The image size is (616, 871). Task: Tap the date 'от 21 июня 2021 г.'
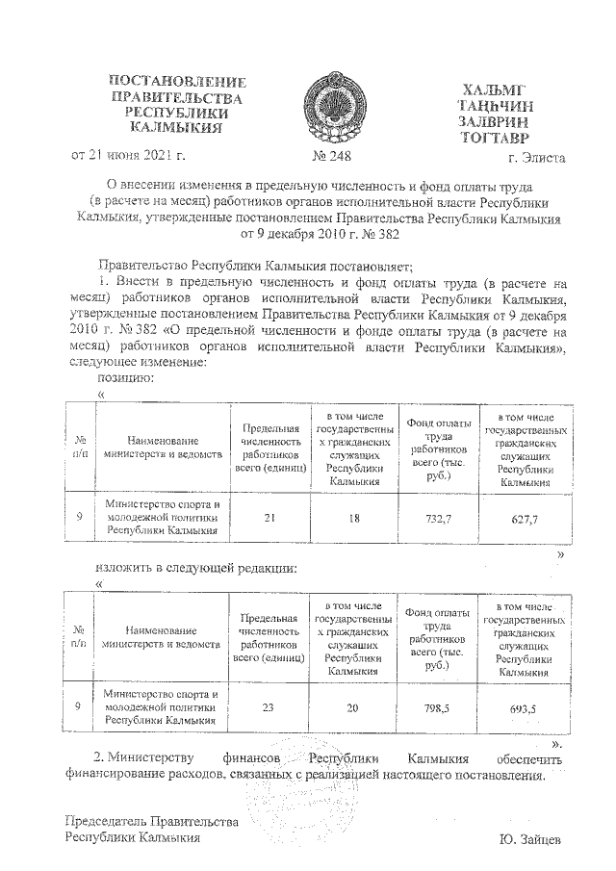124,154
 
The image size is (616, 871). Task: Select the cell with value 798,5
439,708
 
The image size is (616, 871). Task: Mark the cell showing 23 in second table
269,708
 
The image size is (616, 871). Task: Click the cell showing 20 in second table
354,708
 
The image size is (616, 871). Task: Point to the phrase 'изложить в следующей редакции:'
196,568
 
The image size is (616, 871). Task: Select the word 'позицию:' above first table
126,378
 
